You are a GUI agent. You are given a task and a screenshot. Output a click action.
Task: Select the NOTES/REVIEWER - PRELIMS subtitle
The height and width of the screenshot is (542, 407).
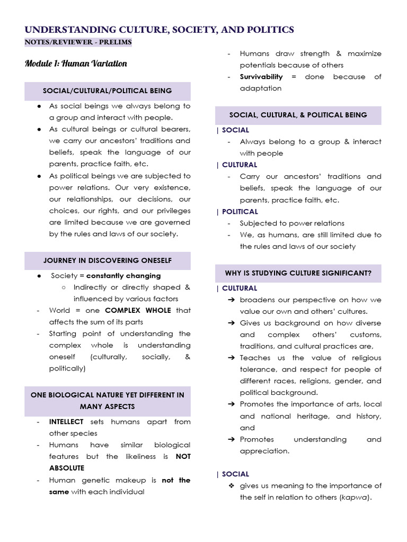pos(78,42)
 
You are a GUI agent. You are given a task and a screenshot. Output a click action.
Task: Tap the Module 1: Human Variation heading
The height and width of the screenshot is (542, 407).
pos(76,64)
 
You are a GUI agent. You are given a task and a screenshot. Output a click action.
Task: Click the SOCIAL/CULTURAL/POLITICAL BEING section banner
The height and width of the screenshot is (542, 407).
pos(108,91)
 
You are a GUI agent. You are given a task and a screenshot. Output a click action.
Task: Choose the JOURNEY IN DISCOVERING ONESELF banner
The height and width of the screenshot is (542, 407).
pos(108,260)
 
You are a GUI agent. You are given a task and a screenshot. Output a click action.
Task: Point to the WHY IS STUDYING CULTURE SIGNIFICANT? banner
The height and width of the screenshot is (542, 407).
pos(298,273)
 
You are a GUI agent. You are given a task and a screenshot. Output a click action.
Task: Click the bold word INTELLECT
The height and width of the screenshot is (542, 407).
pos(66,422)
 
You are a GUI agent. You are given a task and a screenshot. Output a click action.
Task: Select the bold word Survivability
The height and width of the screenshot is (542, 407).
pos(261,77)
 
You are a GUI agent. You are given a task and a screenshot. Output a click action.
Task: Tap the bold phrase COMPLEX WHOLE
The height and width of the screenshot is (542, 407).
pos(138,310)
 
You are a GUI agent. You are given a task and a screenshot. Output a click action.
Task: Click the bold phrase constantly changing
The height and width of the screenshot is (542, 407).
pos(123,276)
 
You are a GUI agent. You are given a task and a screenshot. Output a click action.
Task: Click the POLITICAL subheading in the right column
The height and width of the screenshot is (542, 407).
pos(240,212)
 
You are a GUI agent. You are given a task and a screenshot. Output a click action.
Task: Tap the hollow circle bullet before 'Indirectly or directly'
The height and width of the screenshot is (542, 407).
pos(63,287)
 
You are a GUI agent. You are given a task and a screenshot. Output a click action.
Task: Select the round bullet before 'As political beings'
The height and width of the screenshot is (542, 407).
pos(39,176)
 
